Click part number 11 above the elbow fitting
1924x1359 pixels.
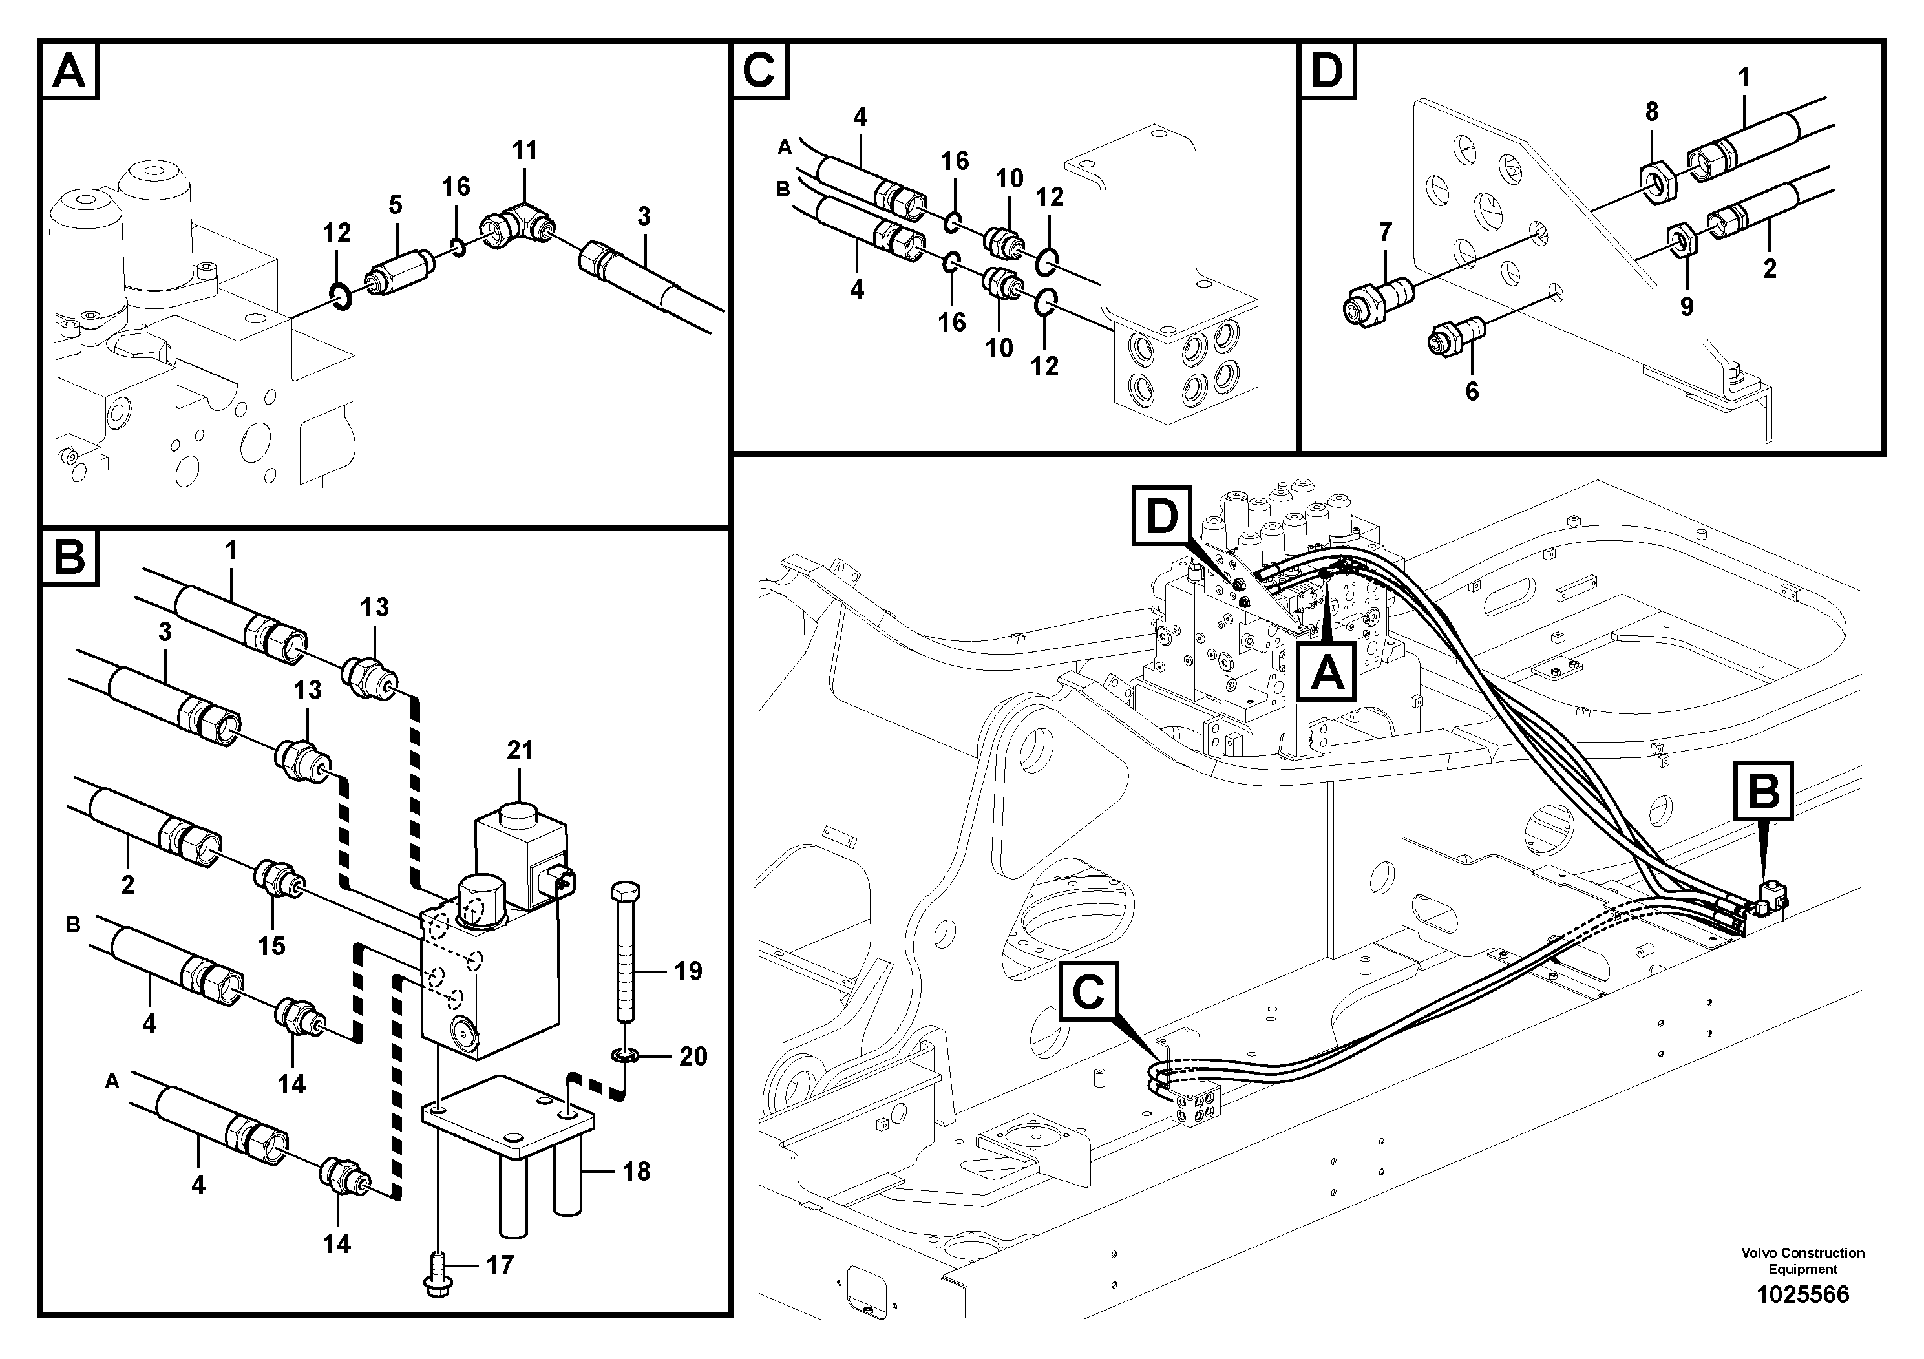click(x=525, y=151)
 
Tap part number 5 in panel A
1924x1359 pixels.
click(x=396, y=204)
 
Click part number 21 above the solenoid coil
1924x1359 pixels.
click(x=520, y=751)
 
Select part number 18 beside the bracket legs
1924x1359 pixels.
click(x=637, y=1172)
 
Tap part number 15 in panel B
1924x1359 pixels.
click(x=271, y=946)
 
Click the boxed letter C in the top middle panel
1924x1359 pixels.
click(x=759, y=70)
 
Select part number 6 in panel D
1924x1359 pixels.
click(x=1472, y=391)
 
